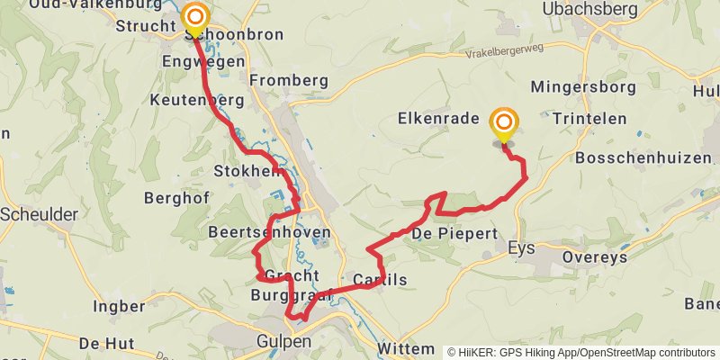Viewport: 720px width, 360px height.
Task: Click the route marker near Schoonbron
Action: click(195, 17)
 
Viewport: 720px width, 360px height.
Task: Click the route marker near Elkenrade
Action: click(504, 123)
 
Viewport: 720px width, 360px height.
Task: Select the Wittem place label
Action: click(405, 346)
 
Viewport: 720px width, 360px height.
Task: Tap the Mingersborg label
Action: click(583, 87)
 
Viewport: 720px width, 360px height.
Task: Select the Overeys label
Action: click(593, 256)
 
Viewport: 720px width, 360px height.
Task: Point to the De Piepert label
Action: click(454, 234)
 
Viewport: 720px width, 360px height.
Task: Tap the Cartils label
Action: click(380, 280)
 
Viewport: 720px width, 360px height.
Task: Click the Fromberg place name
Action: click(289, 80)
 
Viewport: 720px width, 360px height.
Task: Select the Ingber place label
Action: click(118, 307)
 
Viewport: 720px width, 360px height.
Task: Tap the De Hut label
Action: click(106, 343)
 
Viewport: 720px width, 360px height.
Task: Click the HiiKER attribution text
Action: click(581, 352)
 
